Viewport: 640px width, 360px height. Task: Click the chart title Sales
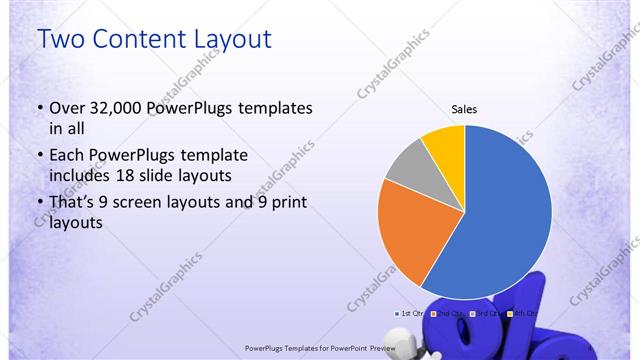464,108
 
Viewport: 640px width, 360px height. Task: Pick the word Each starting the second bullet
67,155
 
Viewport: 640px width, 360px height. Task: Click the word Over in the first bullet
67,108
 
